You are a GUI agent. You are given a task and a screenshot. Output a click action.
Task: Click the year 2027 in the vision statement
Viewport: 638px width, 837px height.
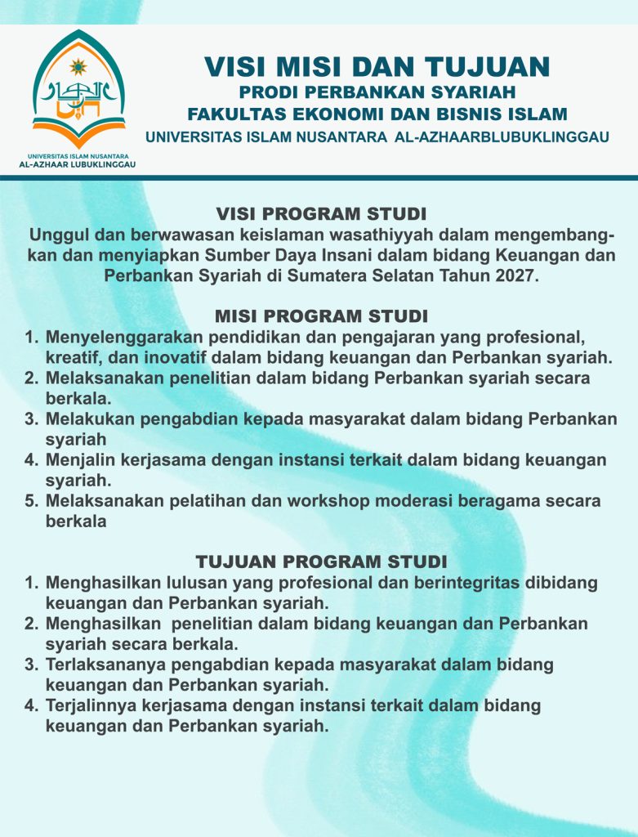pyautogui.click(x=516, y=275)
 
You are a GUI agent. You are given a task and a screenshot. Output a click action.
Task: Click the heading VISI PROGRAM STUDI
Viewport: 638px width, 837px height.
pyautogui.click(x=321, y=214)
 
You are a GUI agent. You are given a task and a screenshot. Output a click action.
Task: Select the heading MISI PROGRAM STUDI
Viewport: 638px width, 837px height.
pyautogui.click(x=321, y=316)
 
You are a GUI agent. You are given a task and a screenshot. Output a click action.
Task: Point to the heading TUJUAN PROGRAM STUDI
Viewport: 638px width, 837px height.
pyautogui.click(x=321, y=562)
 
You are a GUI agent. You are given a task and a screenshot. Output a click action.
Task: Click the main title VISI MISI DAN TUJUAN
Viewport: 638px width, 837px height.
pyautogui.click(x=377, y=65)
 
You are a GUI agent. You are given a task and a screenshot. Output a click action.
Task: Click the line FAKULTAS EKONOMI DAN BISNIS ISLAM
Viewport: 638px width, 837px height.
pyautogui.click(x=377, y=114)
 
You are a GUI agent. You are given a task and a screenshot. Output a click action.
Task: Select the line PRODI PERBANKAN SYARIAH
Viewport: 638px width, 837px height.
pyautogui.click(x=377, y=91)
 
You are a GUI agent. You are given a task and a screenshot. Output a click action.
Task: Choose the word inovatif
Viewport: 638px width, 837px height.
pyautogui.click(x=165, y=357)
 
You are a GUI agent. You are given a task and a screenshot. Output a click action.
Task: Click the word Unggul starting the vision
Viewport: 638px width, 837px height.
pyautogui.click(x=56, y=236)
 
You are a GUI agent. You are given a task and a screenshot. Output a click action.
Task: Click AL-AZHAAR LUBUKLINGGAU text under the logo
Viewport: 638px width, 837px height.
pyautogui.click(x=78, y=163)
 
